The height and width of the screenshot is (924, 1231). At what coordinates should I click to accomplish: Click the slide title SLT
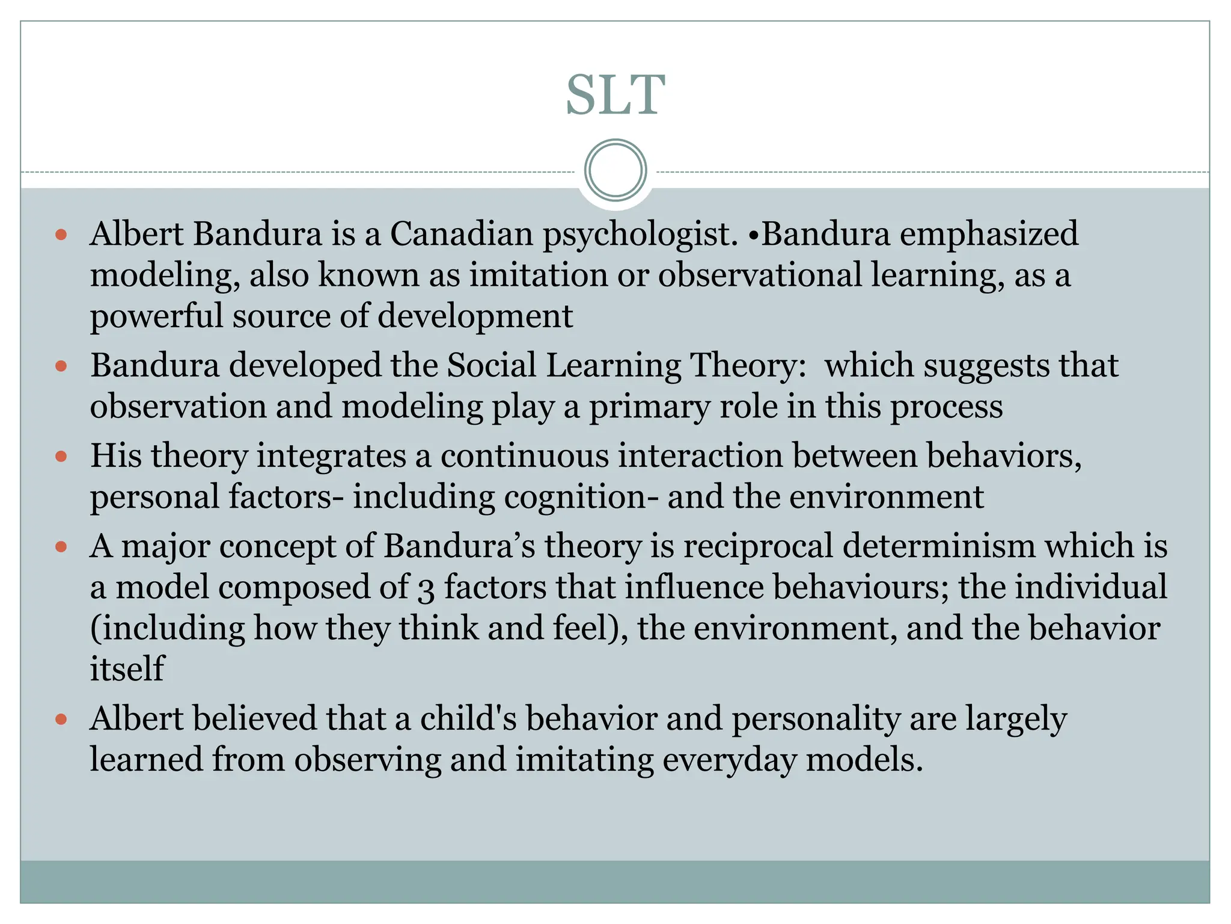point(615,95)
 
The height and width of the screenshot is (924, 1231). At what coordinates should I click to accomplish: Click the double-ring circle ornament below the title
point(615,170)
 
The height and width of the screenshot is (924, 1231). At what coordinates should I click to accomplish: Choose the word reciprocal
point(757,546)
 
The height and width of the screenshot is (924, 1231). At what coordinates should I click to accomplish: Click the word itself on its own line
point(127,668)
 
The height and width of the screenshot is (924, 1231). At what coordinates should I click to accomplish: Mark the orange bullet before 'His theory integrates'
point(61,457)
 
